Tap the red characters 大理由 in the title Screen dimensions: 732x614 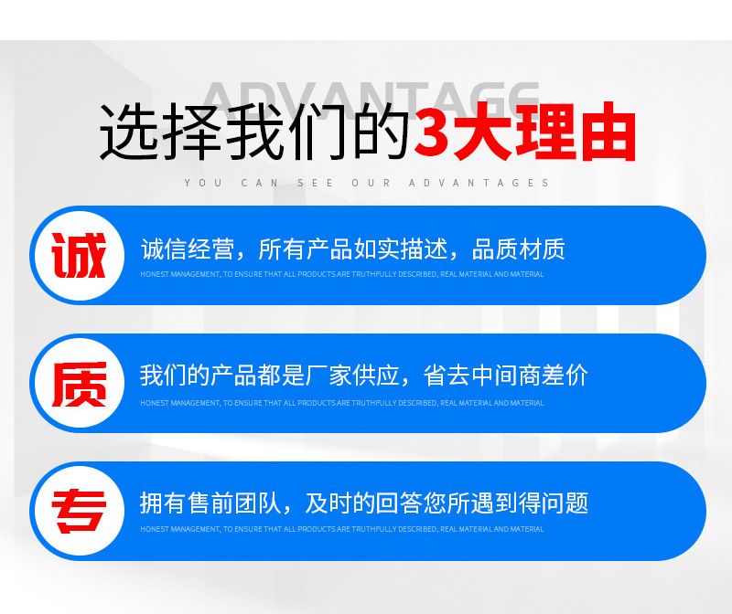[544, 132]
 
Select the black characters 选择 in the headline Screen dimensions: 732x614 [159, 132]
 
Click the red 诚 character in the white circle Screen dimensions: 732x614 [79, 255]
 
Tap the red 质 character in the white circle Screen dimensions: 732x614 [80, 384]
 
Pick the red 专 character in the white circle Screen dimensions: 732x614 [80, 512]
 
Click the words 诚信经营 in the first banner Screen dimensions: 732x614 [188, 249]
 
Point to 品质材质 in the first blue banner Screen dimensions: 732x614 [518, 249]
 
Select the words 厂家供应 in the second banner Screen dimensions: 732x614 [353, 376]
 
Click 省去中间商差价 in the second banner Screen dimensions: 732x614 [506, 376]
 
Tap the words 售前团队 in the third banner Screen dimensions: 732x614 [234, 503]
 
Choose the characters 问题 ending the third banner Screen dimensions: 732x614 [565, 503]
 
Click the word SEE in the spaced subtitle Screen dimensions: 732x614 [315, 183]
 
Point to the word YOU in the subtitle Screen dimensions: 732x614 [203, 183]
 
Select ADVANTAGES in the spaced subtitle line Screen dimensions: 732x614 [479, 183]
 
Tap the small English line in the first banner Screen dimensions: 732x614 [341, 274]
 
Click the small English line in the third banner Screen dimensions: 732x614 [341, 529]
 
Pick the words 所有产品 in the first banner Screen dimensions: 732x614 [306, 249]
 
